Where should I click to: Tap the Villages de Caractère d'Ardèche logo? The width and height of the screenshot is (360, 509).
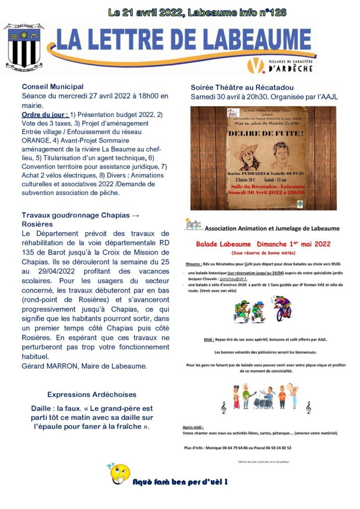[x=280, y=65]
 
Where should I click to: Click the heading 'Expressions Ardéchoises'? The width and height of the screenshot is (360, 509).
[x=91, y=395]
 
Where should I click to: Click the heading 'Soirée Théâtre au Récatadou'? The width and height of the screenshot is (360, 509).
[x=242, y=87]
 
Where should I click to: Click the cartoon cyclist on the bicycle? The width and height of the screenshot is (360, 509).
[x=283, y=311]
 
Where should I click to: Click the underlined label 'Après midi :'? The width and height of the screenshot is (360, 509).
[x=193, y=427]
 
